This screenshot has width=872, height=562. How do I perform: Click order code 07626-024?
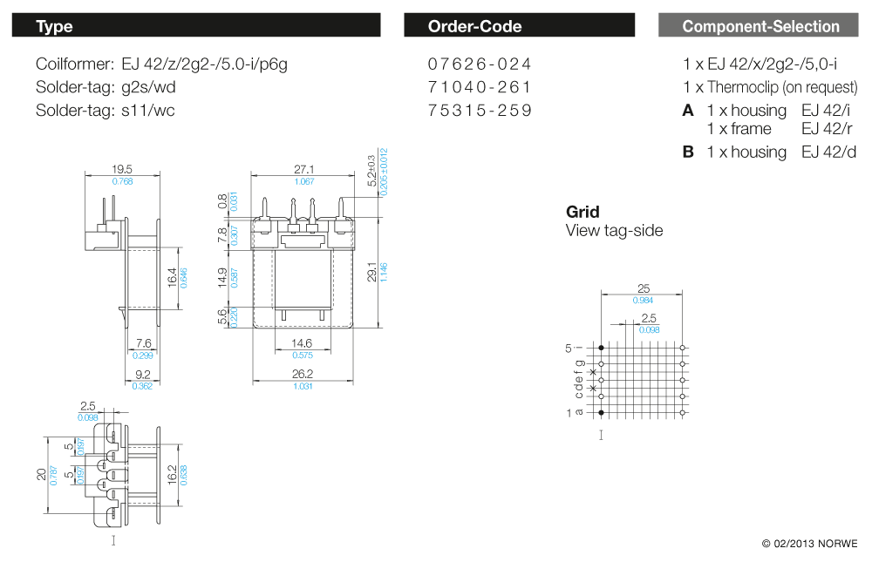tap(480, 64)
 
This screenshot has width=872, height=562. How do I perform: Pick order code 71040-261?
tap(480, 87)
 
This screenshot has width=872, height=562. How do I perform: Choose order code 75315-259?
tap(480, 111)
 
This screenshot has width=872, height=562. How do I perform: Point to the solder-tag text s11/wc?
tap(148, 111)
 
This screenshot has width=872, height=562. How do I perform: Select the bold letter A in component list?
tap(688, 111)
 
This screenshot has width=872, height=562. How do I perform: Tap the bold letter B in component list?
tap(688, 152)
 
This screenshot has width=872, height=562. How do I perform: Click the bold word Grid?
tap(582, 212)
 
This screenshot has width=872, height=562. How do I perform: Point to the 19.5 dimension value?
tap(122, 170)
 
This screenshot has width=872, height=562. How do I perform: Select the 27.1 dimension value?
tap(304, 170)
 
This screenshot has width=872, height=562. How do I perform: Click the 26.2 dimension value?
tap(304, 375)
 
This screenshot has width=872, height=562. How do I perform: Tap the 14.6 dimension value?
tap(304, 344)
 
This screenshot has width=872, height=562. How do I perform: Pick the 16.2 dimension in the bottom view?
tap(172, 473)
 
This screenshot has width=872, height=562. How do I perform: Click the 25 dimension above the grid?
tap(643, 288)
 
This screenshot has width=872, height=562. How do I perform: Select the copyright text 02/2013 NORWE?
tap(810, 544)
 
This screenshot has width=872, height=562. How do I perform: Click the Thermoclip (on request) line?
tap(770, 87)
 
